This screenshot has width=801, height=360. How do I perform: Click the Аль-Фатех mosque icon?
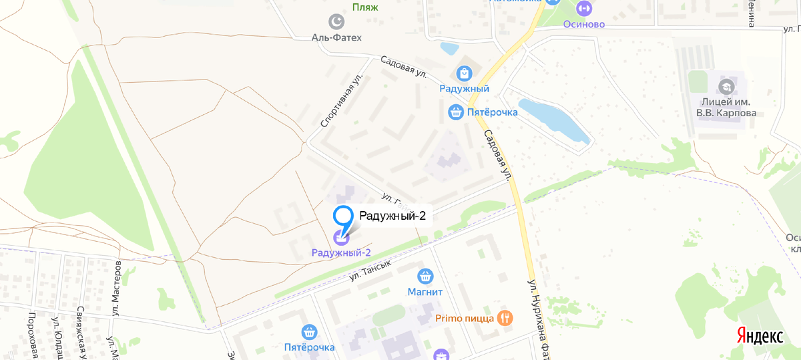(337, 22)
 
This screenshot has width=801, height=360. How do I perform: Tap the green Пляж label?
(365, 7)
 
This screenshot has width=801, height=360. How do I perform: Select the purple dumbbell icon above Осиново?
(583, 8)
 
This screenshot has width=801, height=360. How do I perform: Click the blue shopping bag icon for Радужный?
(464, 72)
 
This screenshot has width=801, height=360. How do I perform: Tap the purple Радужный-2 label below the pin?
(341, 252)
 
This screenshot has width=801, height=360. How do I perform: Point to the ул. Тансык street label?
(368, 268)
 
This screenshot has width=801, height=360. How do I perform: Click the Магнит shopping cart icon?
(426, 276)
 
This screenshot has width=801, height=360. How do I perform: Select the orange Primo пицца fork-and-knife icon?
(505, 318)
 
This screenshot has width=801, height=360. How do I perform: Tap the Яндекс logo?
(760, 336)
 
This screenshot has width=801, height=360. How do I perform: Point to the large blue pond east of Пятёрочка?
(553, 120)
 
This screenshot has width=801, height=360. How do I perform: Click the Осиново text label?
(583, 25)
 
